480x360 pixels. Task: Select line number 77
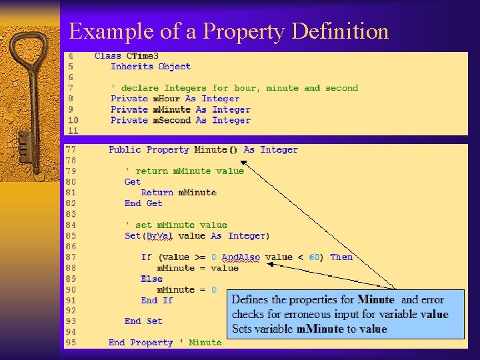point(70,150)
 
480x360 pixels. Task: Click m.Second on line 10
point(172,121)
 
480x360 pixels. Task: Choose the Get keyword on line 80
point(133,182)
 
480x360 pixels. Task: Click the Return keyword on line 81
point(157,193)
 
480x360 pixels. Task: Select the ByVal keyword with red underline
point(159,236)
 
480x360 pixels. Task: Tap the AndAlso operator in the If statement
point(241,257)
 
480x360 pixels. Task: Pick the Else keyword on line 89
point(151,279)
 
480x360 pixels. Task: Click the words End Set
point(143,321)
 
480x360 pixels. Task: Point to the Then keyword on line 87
point(341,257)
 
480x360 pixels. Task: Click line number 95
point(70,343)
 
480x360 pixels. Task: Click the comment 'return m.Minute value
point(185,171)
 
